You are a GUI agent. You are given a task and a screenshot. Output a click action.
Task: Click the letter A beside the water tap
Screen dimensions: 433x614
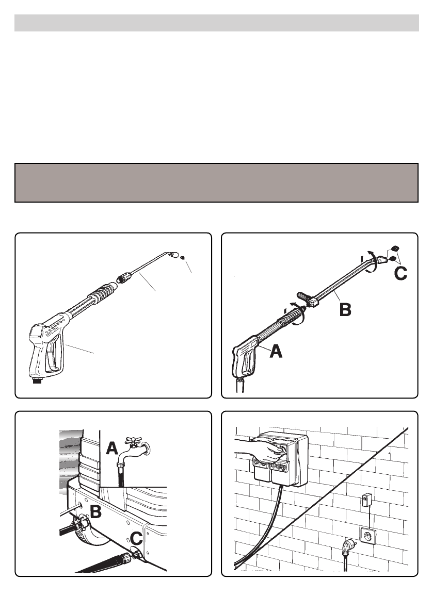coord(113,448)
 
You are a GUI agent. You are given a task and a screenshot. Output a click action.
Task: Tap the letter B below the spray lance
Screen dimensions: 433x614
coord(345,310)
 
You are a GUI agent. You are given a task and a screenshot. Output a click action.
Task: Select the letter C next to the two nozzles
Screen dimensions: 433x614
coord(400,273)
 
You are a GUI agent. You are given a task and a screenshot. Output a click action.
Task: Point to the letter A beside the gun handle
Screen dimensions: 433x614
coord(276,351)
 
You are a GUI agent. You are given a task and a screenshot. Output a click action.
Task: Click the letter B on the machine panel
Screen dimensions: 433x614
coord(96,511)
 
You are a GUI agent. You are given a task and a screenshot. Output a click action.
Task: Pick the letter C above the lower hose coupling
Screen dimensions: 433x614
coord(136,539)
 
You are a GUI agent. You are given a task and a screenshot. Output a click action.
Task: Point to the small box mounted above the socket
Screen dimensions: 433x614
coord(366,501)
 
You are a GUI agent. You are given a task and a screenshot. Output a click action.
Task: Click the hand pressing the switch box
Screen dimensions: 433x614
coord(259,449)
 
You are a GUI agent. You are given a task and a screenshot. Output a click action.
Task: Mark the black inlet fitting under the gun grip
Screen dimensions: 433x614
coord(37,380)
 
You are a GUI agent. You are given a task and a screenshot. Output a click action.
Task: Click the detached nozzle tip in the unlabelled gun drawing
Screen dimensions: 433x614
coord(182,257)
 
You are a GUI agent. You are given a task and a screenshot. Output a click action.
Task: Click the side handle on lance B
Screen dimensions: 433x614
coord(304,295)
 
